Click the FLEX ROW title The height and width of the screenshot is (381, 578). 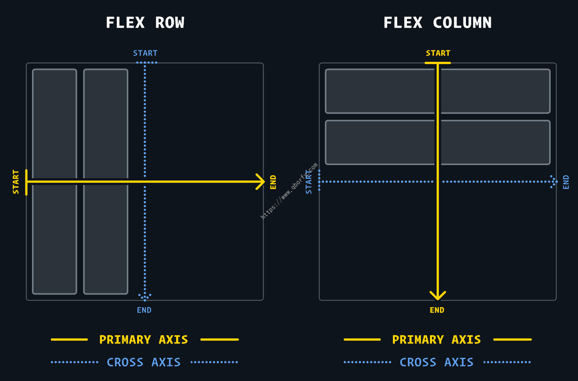[145, 23]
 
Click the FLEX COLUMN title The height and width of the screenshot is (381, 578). [438, 23]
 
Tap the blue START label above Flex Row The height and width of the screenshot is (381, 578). [145, 53]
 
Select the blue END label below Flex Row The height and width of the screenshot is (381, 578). [144, 310]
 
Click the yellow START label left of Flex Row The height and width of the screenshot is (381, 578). [16, 182]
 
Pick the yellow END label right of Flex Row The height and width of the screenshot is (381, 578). [273, 182]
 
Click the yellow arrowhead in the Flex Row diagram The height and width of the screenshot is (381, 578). [260, 182]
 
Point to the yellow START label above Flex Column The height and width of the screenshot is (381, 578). [438, 53]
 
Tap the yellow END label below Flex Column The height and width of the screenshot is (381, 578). [437, 310]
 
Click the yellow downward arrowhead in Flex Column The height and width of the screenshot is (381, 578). [438, 296]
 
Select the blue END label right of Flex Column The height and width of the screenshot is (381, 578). [566, 182]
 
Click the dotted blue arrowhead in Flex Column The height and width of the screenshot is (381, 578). [553, 182]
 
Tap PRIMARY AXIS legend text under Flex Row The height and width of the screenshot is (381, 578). [144, 340]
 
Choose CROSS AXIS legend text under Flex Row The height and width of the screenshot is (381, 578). [144, 362]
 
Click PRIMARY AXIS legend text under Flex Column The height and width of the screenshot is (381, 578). [437, 340]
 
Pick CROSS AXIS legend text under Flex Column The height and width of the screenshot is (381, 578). [437, 362]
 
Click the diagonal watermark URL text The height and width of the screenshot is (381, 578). [289, 191]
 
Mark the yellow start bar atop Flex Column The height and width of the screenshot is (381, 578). [438, 63]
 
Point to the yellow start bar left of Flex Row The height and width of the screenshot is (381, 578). [26, 182]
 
